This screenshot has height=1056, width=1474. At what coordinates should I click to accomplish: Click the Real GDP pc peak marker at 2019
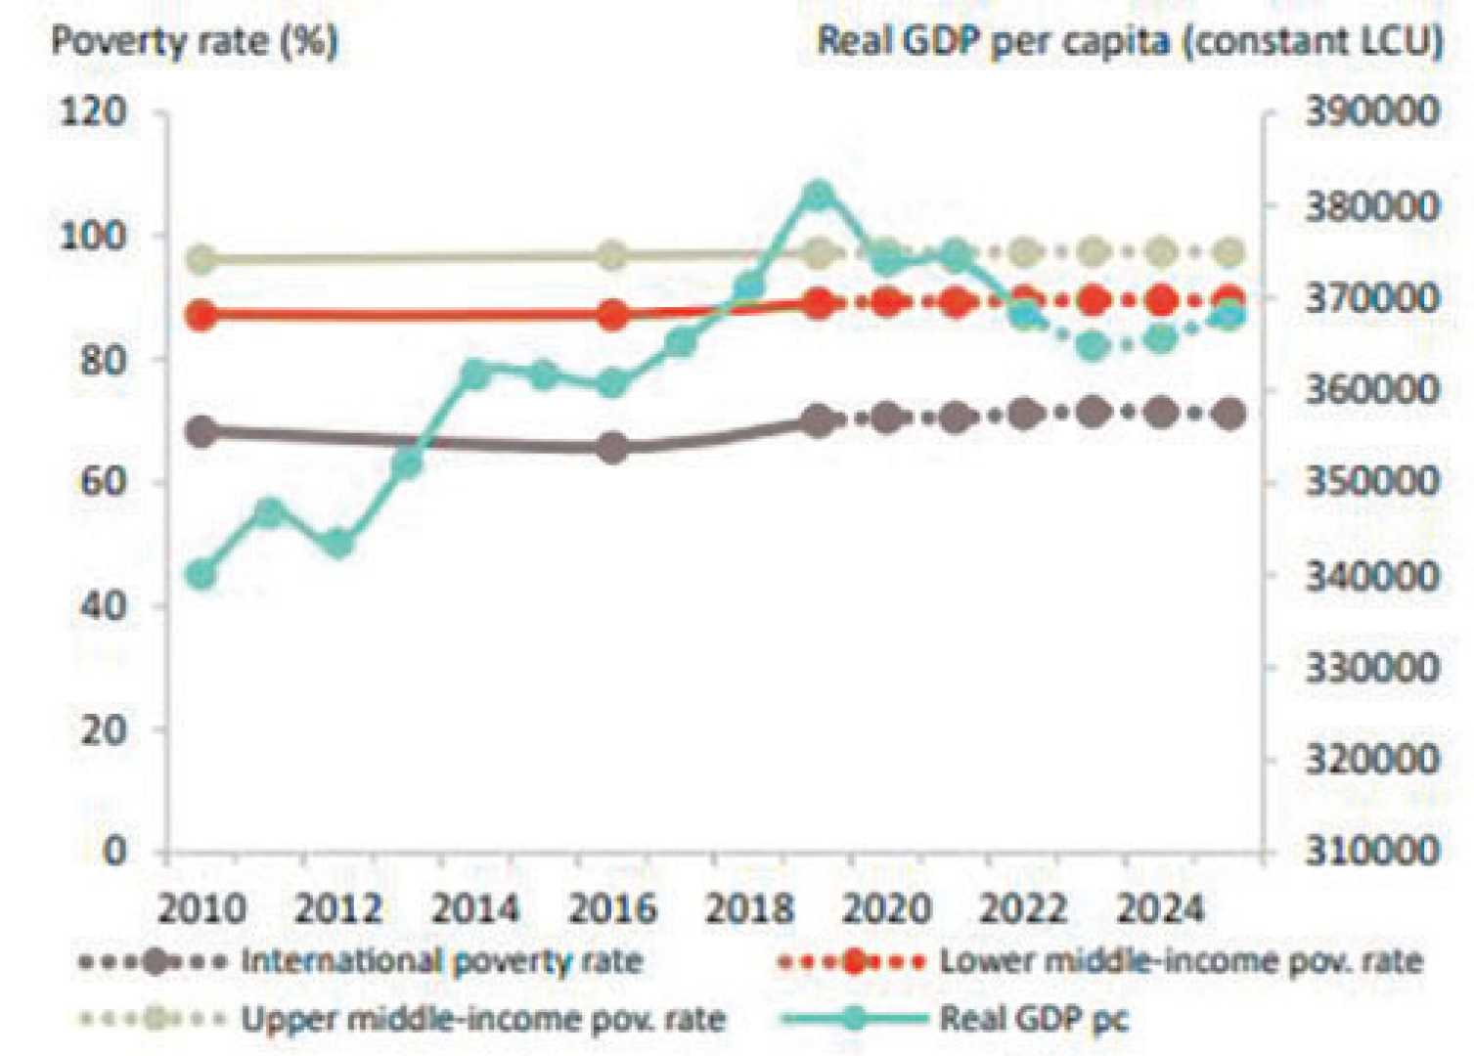click(819, 197)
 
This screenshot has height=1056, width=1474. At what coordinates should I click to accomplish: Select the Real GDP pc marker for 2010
click(201, 575)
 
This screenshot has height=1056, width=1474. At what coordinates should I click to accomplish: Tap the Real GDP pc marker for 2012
click(338, 544)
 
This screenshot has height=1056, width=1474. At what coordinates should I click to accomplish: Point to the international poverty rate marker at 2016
click(613, 448)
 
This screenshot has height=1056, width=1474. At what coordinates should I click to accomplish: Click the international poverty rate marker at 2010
click(201, 431)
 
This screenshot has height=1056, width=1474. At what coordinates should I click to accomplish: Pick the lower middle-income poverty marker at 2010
click(201, 316)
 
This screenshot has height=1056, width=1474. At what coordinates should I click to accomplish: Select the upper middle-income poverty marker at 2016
click(613, 256)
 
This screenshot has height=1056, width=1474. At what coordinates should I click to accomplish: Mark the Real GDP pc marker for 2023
click(1093, 346)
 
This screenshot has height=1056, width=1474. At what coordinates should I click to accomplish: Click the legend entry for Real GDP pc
click(1033, 1019)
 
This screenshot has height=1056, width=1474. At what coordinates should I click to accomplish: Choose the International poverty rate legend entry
click(440, 961)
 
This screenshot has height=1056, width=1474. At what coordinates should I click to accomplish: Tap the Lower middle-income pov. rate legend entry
click(1180, 961)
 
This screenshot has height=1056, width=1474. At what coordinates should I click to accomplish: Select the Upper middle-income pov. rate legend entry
click(483, 1019)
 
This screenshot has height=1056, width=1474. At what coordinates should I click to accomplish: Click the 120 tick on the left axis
click(93, 112)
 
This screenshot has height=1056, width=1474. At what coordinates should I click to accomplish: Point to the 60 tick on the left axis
click(103, 482)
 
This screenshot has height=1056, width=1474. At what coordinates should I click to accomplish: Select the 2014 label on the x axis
click(475, 909)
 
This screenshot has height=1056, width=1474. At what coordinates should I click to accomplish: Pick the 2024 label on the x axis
click(1160, 909)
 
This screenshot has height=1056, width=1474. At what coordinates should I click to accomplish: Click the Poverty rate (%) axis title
click(195, 42)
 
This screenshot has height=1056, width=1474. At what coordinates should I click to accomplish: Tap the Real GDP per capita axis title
click(1130, 42)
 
